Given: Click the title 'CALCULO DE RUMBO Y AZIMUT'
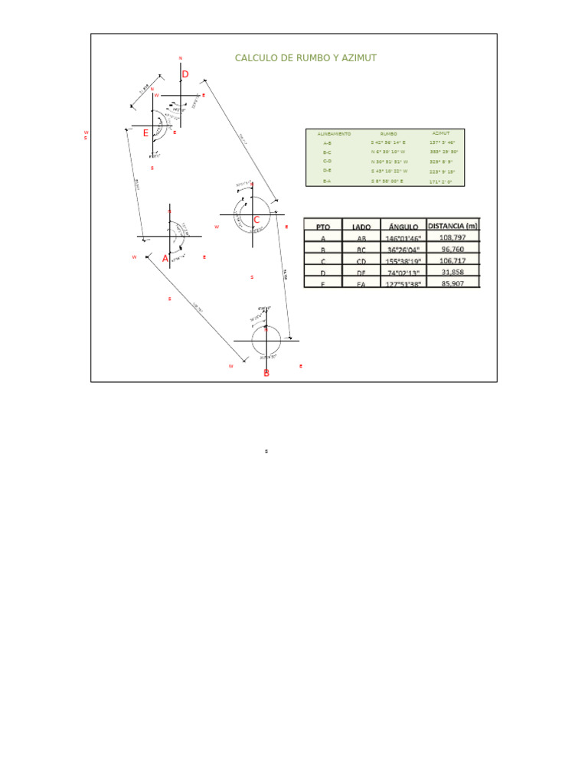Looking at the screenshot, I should [x=305, y=58].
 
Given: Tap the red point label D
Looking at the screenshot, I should [x=185, y=73].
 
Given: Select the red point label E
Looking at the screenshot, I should [x=145, y=132].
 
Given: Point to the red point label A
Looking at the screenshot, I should [x=165, y=259].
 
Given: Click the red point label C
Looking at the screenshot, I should [x=256, y=220].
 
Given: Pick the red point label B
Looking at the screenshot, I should [x=266, y=374].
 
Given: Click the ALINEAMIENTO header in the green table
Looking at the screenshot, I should [x=334, y=134].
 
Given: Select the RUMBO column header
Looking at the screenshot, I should [x=389, y=134].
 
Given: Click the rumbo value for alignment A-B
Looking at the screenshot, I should [x=389, y=143].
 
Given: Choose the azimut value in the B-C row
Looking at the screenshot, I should [x=442, y=152].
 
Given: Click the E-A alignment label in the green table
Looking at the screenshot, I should [x=327, y=181].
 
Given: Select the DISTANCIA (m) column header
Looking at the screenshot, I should [x=452, y=225].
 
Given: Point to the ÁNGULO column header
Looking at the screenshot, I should [x=403, y=227].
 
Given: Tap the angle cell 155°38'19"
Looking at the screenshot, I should [x=403, y=261].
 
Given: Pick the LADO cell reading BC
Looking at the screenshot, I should [x=361, y=250].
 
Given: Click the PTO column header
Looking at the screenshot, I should [x=323, y=227].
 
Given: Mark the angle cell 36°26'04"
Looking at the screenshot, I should [x=403, y=250].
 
